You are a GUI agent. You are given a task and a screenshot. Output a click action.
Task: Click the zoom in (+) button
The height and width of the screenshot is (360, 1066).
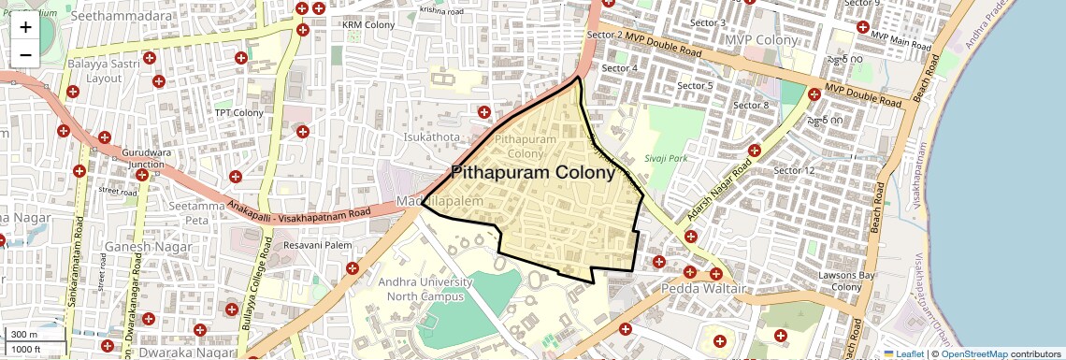click(25, 26)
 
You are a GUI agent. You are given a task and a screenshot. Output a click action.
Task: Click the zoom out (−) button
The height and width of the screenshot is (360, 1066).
click(25, 54)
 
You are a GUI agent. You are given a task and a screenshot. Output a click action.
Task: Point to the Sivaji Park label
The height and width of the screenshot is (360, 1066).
click(666, 158)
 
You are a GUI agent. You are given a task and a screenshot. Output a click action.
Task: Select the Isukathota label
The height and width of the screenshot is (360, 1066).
click(432, 137)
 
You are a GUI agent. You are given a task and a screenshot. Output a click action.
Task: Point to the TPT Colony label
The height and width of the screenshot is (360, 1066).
click(239, 113)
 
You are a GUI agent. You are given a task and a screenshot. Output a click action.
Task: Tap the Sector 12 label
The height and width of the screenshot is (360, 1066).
click(795, 170)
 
